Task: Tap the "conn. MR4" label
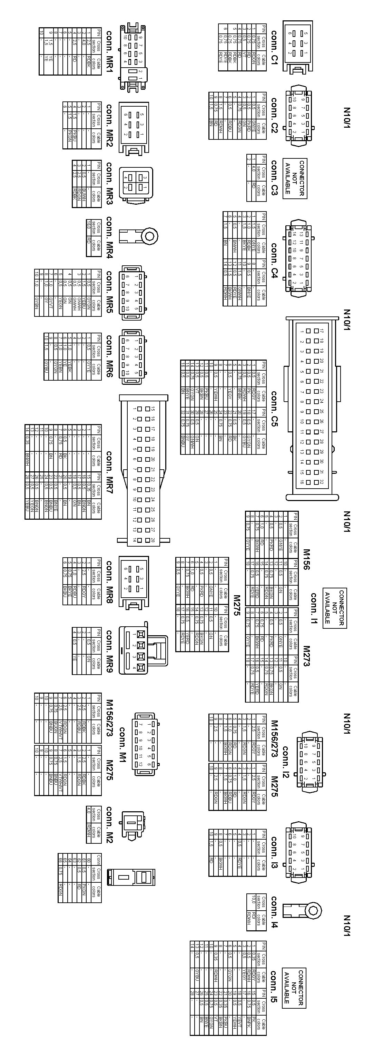(109, 237)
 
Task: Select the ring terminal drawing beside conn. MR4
(138, 236)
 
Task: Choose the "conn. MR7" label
(109, 472)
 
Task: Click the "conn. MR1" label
(109, 50)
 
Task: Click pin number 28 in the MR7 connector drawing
(153, 540)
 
